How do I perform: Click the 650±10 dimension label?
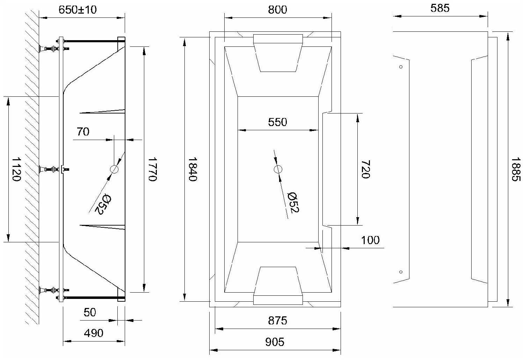tap(78, 10)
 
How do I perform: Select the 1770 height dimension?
tap(152, 169)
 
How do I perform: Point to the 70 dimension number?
tap(83, 132)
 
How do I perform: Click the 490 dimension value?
tap(94, 333)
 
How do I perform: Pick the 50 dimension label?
tap(90, 312)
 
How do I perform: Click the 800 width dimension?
tap(277, 10)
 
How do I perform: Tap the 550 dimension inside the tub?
tap(277, 122)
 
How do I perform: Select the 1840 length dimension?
tap(192, 169)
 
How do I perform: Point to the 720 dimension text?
tap(366, 169)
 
